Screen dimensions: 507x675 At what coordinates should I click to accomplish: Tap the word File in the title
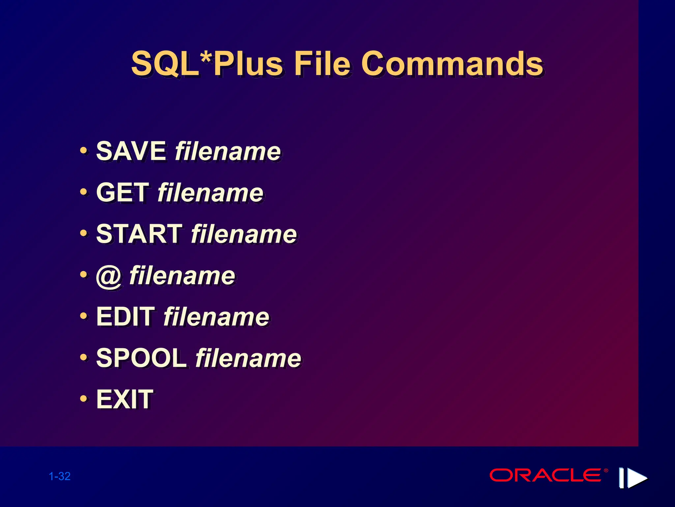(322, 63)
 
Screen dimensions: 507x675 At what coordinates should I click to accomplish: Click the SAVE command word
(131, 151)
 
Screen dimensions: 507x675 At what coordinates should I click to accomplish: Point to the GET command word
(123, 192)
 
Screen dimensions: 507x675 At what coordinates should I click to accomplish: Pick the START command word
(139, 234)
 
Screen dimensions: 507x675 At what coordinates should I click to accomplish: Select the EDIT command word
(125, 317)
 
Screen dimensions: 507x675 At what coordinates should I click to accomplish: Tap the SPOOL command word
(141, 358)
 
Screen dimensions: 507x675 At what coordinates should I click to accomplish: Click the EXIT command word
(125, 399)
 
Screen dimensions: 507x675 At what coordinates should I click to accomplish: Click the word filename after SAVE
(228, 151)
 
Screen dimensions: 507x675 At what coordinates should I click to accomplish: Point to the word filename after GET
(211, 192)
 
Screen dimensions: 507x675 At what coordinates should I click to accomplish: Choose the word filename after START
(244, 234)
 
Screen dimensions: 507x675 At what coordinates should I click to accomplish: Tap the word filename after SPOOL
(249, 358)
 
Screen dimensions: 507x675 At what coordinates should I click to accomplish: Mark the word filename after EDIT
(216, 317)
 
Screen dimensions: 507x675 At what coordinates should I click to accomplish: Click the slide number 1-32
(60, 476)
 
